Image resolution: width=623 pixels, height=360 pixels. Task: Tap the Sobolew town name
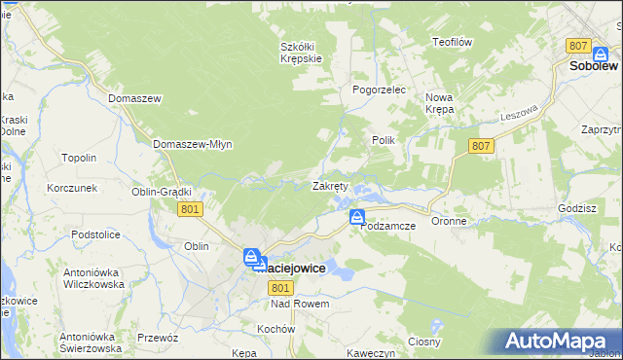pyautogui.click(x=594, y=66)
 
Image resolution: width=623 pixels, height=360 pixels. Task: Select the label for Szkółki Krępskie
pyautogui.click(x=301, y=52)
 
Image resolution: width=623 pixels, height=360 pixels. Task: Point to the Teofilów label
pyautogui.click(x=452, y=42)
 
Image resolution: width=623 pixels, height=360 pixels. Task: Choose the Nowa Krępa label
pyautogui.click(x=440, y=103)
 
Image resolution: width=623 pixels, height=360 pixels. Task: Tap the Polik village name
pyautogui.click(x=383, y=140)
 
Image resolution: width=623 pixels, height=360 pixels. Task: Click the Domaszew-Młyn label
pyautogui.click(x=193, y=144)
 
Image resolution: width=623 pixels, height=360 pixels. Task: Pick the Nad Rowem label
pyautogui.click(x=300, y=304)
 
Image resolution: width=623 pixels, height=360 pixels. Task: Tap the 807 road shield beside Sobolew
pyautogui.click(x=578, y=46)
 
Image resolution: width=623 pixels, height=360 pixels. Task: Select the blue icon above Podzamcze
pyautogui.click(x=358, y=217)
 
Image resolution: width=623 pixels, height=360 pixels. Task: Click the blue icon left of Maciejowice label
pyautogui.click(x=252, y=258)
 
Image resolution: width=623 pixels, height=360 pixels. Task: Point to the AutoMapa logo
pyautogui.click(x=559, y=341)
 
